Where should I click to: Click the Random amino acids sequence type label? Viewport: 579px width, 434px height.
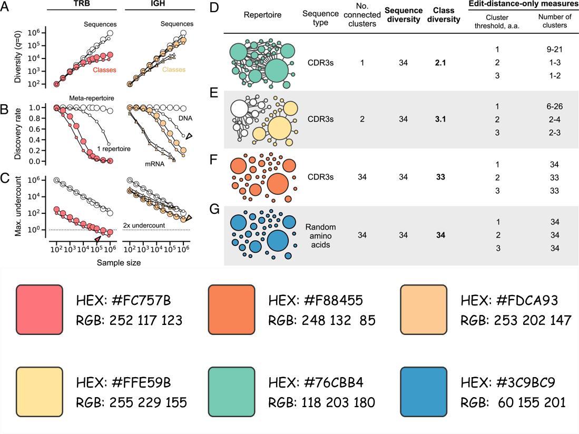tap(320, 235)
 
